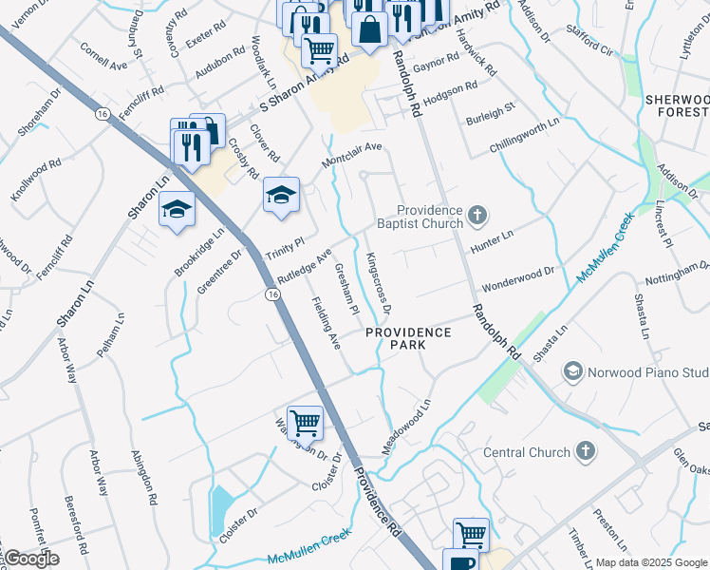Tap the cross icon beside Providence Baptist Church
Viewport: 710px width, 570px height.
pyautogui.click(x=477, y=216)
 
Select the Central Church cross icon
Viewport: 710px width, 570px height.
pyautogui.click(x=586, y=450)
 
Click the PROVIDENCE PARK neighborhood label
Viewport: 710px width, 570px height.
pyautogui.click(x=409, y=338)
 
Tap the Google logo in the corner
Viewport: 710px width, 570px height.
pyautogui.click(x=30, y=559)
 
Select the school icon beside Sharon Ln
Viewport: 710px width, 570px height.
pyautogui.click(x=177, y=208)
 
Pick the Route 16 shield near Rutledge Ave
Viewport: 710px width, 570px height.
pyautogui.click(x=273, y=296)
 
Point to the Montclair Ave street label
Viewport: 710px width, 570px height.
pyautogui.click(x=351, y=155)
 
